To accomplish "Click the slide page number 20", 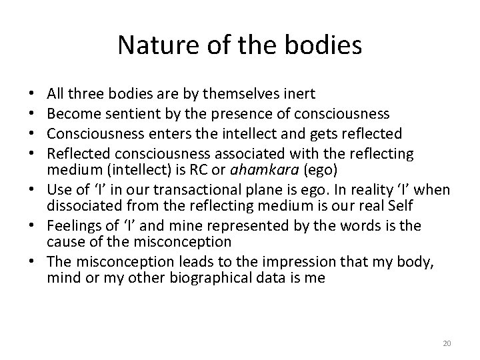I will point(447,343).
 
